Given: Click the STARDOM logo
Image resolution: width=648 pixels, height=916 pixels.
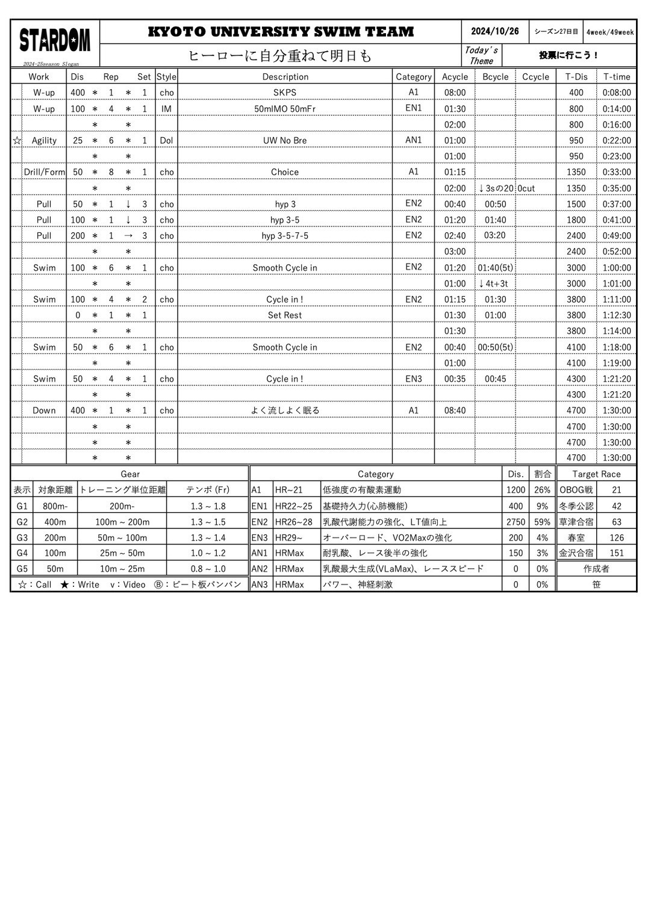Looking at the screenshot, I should coord(55,40).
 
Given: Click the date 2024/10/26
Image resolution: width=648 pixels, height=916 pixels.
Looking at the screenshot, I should coord(494,31).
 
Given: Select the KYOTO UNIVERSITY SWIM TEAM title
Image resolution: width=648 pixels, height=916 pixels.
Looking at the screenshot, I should coord(281,31).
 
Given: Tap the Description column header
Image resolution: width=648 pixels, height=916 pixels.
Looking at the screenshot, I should coord(285,76).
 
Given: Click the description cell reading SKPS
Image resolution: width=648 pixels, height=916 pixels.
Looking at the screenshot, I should coord(285,93).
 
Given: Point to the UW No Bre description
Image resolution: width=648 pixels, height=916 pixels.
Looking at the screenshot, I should coord(285,140).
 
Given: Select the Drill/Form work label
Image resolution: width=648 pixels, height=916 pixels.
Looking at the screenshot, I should coord(44,172).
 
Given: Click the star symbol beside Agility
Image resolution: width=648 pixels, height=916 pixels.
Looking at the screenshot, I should coord(17,140).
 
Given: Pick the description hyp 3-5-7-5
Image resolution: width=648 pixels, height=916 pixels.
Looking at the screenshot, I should coord(285,236).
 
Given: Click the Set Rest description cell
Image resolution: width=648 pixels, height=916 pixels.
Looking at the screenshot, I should coord(285,315).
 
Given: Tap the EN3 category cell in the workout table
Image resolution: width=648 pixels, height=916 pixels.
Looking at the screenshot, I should coord(413,379).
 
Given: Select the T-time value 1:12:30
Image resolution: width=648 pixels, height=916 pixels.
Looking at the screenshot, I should coord(617,315).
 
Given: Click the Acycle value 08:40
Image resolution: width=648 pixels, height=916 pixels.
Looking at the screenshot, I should coord(455,410).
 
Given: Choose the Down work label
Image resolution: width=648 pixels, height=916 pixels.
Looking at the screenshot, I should coord(44,410).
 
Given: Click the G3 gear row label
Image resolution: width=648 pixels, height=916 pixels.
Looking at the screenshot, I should coord(22,537).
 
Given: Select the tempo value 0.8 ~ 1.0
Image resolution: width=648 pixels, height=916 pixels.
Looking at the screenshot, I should coord(208,569).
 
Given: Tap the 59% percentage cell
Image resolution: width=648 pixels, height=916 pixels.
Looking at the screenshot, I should coord(542,522).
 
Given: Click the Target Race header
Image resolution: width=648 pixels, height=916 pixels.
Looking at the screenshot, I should coord(596,474).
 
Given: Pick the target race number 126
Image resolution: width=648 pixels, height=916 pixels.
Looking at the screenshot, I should coord(617,537).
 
